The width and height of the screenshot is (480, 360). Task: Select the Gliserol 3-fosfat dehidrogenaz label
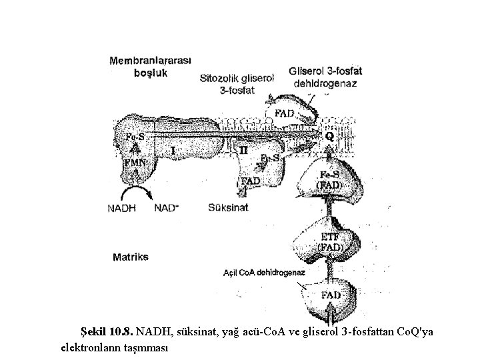(325, 77)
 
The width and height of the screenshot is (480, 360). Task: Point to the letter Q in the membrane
(329, 135)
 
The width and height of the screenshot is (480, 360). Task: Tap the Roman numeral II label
(243, 151)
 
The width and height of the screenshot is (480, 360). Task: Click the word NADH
(121, 207)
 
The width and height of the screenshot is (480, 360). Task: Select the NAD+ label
(167, 207)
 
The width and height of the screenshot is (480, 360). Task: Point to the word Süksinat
(228, 207)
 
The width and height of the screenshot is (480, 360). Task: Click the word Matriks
(130, 256)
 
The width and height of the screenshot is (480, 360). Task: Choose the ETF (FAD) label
(330, 241)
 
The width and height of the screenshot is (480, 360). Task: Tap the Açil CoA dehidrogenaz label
(264, 273)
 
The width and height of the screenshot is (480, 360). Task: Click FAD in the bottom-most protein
(331, 295)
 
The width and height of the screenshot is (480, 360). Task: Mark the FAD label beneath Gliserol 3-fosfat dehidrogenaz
(285, 113)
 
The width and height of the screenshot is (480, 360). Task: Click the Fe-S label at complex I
(133, 137)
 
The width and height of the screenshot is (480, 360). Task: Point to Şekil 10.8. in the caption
(107, 331)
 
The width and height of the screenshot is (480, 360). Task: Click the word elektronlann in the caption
(87, 347)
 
